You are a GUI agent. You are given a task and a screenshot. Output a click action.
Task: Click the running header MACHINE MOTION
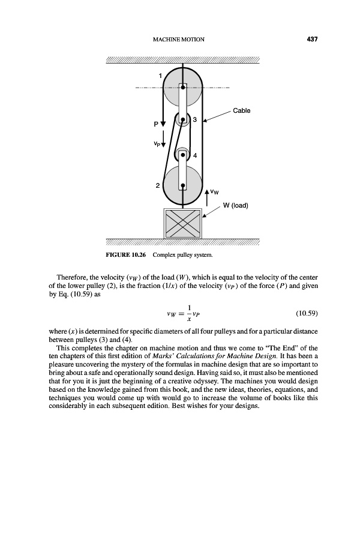tap(179, 40)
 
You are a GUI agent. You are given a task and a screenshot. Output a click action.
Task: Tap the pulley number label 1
tap(160, 76)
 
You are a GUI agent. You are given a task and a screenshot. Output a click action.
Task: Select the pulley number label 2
tap(158, 186)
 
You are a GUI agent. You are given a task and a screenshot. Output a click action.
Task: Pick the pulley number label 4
tap(194, 156)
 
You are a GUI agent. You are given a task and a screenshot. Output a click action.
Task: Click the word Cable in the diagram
tap(241, 111)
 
